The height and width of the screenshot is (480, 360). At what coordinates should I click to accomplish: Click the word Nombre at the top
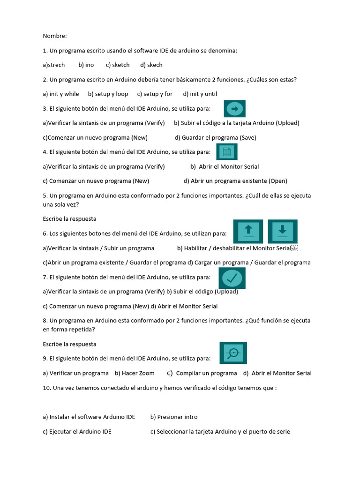(54, 36)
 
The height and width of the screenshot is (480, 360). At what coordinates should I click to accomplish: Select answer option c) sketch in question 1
(118, 65)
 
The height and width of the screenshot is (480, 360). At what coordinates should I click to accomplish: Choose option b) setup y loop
(108, 94)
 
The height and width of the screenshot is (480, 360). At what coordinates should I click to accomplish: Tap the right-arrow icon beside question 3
(235, 109)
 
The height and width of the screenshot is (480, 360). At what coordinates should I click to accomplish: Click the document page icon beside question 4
(227, 152)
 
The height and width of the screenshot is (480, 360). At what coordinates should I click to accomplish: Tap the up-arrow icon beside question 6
(248, 231)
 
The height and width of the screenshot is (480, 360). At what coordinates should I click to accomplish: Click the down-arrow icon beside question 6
(282, 231)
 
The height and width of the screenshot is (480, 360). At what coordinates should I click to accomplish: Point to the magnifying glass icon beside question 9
(233, 353)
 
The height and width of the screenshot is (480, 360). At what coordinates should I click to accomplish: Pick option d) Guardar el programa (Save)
(215, 137)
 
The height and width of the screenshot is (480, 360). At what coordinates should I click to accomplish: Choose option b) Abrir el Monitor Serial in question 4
(225, 166)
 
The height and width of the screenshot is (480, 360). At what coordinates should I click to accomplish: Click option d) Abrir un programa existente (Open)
(235, 180)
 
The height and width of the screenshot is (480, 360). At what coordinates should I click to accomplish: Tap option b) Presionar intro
(174, 417)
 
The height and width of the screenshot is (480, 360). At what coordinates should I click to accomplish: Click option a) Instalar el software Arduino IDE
(89, 417)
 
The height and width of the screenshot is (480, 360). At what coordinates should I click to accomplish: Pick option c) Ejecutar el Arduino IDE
(77, 431)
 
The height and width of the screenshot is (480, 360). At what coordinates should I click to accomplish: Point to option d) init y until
(200, 94)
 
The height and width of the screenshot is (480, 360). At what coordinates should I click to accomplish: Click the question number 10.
(47, 388)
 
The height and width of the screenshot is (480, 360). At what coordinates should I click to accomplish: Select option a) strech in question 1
(53, 65)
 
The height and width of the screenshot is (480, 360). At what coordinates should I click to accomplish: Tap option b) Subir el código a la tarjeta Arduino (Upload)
(236, 123)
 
